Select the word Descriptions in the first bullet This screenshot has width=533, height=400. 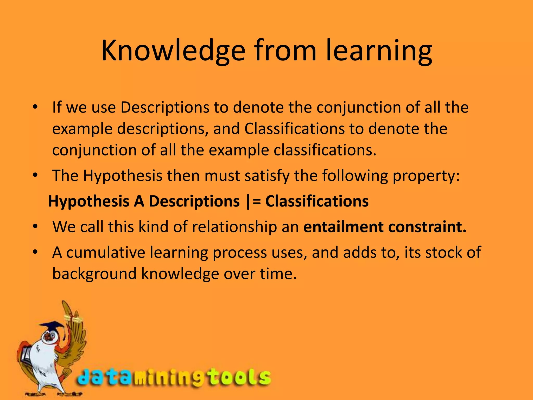(165, 107)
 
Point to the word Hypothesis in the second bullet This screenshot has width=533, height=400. (123, 176)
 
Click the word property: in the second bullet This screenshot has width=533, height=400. (426, 176)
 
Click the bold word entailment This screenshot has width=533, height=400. (344, 227)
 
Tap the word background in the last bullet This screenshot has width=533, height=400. (94, 274)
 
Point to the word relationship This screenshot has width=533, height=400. (234, 227)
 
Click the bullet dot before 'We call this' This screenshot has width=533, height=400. (35, 227)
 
